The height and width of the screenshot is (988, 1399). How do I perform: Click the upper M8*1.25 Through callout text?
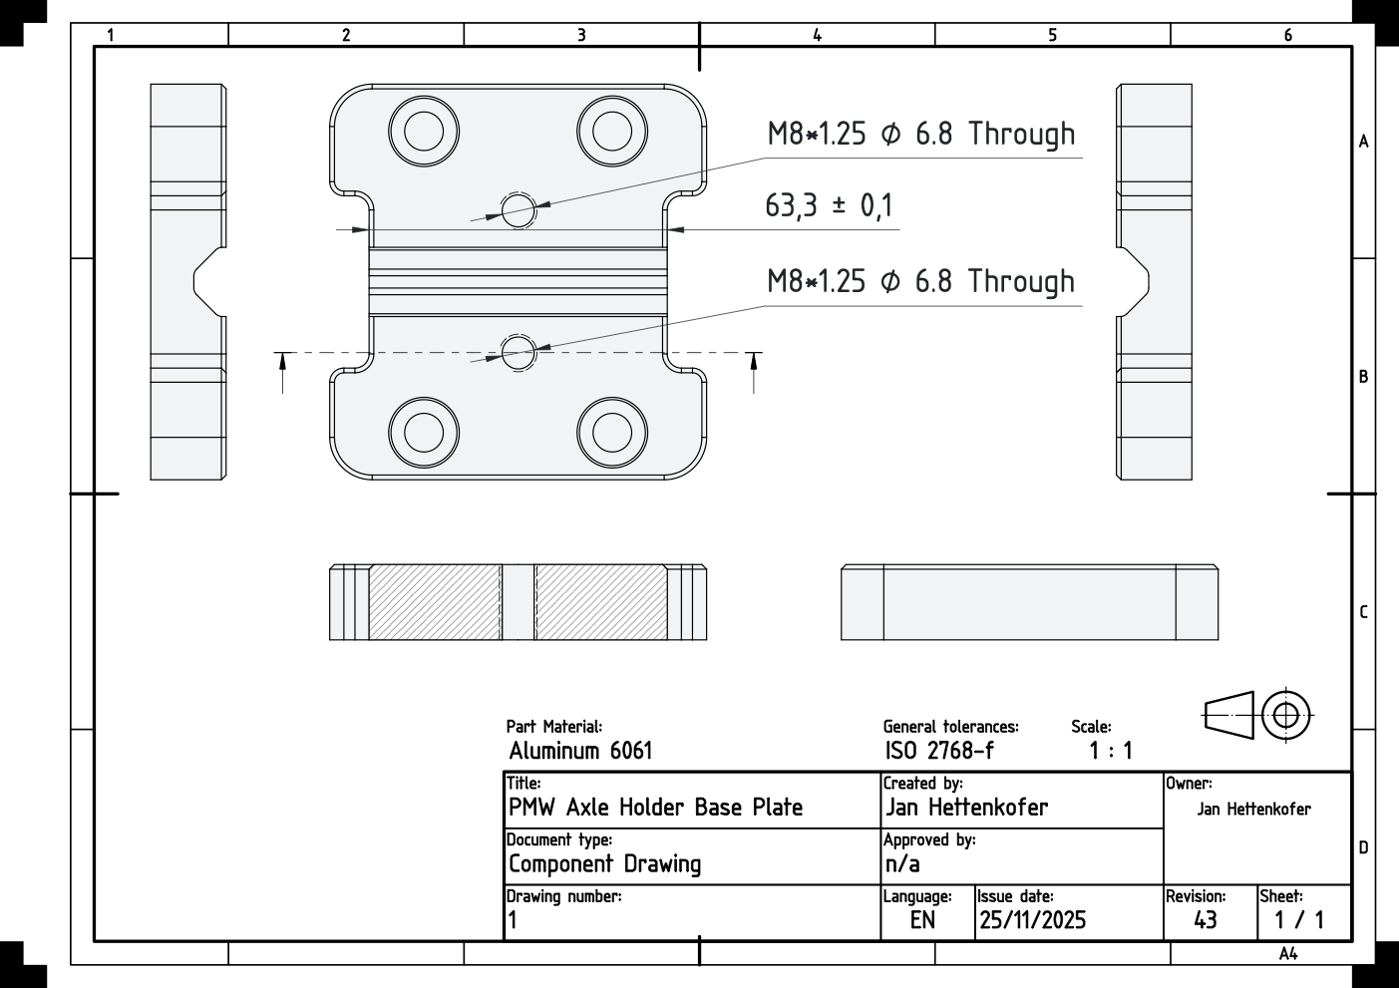point(920,135)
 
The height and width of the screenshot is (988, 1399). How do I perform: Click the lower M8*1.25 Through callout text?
point(920,282)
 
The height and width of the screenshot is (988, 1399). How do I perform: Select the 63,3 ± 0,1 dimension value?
point(829,206)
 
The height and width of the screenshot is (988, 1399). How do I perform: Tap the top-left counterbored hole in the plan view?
point(424,131)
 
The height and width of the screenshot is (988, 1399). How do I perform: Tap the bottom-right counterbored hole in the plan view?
point(611,432)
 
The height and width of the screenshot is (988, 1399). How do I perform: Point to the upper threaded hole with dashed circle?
point(518,209)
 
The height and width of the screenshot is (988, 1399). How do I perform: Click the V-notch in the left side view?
point(204,282)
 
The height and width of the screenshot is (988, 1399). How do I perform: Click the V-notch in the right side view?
point(1138,282)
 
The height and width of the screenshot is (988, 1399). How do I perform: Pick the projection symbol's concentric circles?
point(1286,715)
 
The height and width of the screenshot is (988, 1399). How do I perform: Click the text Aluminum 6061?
point(580,751)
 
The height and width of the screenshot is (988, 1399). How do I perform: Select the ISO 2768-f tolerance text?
point(939,751)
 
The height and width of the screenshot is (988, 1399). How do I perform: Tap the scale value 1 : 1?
point(1110,751)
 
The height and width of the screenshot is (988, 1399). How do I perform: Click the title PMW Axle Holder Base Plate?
point(655,808)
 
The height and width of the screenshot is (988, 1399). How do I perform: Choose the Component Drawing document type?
point(604,864)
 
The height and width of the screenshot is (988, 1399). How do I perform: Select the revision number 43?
point(1205,920)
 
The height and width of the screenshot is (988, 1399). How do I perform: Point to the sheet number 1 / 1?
point(1299,920)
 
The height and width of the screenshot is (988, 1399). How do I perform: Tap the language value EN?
point(922,920)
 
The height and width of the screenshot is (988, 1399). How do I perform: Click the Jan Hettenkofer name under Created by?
point(966,808)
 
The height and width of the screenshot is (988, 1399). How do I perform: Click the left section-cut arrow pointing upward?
point(283,372)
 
